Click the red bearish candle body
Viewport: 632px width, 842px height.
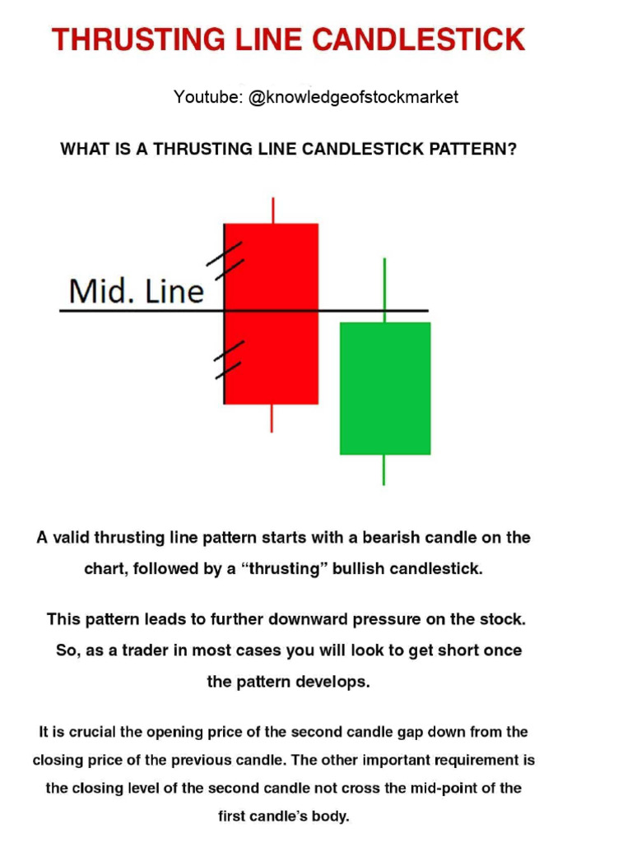pos(272,312)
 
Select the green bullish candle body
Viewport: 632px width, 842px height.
pos(385,387)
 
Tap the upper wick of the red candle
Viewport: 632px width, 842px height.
pos(272,210)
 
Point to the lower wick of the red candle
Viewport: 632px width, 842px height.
pos(272,418)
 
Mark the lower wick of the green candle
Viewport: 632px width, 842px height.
pos(384,470)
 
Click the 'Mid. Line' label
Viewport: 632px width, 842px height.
pos(136,290)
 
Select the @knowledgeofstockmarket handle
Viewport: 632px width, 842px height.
pos(353,97)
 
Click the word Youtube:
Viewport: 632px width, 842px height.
pos(206,97)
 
